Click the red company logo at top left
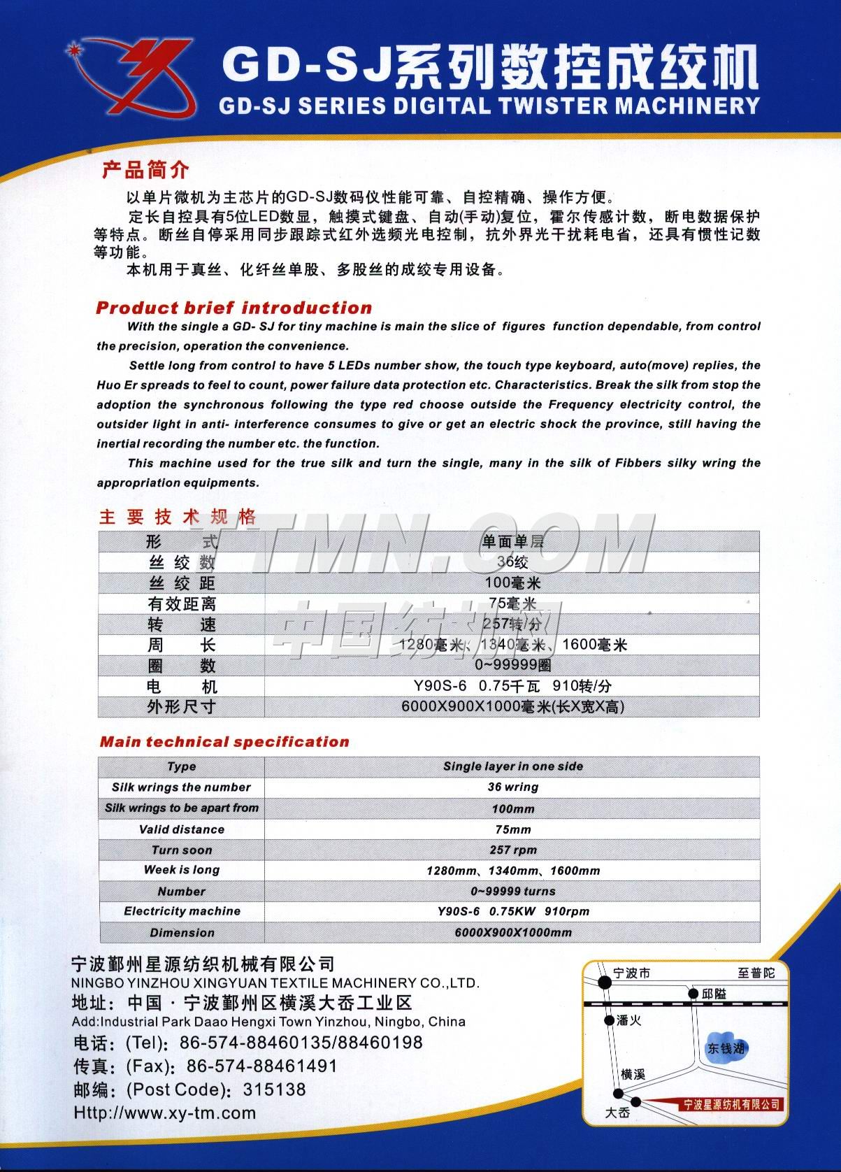tap(129, 77)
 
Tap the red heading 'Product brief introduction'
tap(234, 308)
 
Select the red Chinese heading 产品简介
tap(145, 169)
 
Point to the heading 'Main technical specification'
tap(224, 742)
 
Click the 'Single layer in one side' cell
tap(512, 766)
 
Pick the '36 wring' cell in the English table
tap(512, 787)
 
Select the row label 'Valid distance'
tap(182, 829)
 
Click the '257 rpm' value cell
tap(512, 850)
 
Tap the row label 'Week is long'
tap(182, 870)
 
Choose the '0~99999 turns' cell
tap(512, 891)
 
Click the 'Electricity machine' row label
tap(182, 911)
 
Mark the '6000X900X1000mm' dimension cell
tap(512, 932)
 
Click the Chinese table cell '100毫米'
tap(512, 583)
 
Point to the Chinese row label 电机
tap(182, 686)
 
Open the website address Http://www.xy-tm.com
tap(165, 1113)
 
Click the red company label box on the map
tap(731, 1104)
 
